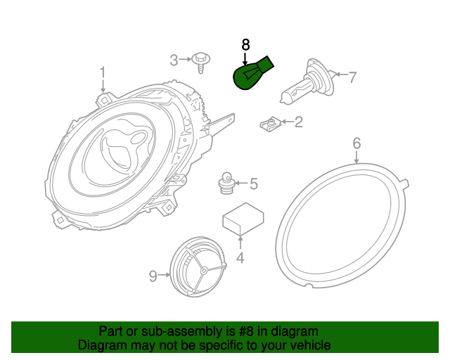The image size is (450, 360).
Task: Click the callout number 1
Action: coord(103,72)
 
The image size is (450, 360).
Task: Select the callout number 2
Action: coord(298,123)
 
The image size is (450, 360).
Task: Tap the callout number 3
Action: coord(174,60)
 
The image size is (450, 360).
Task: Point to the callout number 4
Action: coord(240,258)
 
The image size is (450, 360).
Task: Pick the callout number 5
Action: coord(253,184)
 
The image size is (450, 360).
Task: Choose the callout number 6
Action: coord(356,144)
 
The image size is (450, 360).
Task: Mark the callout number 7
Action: coord(352,77)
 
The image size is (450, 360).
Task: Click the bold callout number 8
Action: coord(245,45)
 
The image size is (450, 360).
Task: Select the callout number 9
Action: coord(153,276)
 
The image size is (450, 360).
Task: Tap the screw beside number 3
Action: coord(201,62)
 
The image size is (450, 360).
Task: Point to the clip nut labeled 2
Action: coord(269,125)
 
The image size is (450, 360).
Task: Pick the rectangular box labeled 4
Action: coord(243,219)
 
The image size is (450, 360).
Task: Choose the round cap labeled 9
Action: coord(199,268)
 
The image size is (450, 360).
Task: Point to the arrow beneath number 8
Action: coord(245,58)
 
